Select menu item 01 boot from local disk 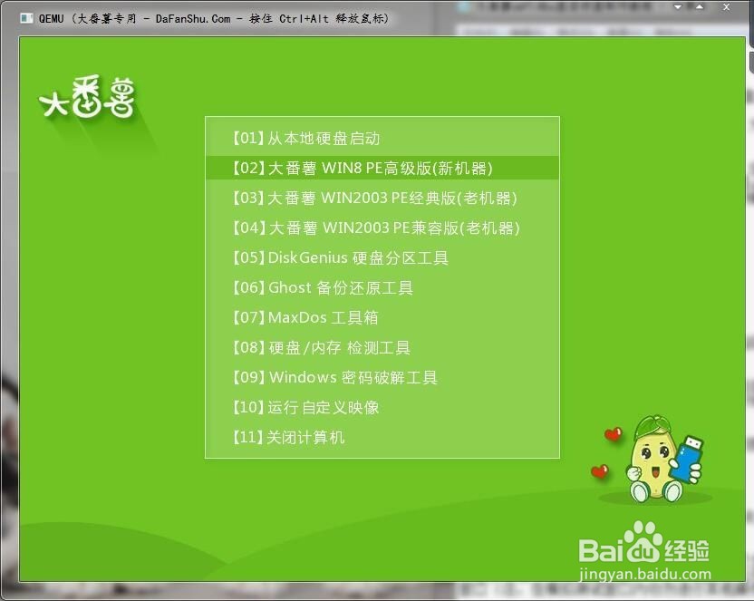click(305, 139)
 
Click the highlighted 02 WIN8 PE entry click(362, 169)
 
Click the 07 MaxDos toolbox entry click(304, 318)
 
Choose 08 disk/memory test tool click(321, 348)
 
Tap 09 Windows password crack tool click(334, 378)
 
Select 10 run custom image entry click(305, 408)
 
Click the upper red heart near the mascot click(614, 434)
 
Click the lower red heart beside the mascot click(599, 471)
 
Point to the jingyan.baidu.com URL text click(644, 574)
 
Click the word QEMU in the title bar click(50, 18)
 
